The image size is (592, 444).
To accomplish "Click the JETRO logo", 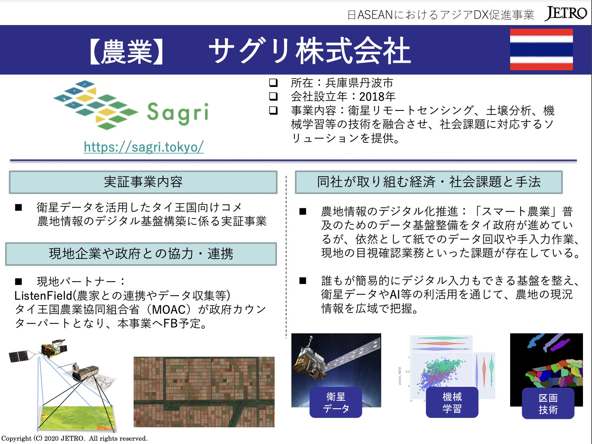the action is pos(566,13).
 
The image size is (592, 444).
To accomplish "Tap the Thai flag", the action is pos(541,49).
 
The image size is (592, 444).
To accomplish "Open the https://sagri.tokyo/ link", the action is pos(144,147).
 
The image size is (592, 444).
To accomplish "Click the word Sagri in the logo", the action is pos(178,113).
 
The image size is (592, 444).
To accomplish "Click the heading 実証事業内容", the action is pos(143,182).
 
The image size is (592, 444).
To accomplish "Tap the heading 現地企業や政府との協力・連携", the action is pos(141,254).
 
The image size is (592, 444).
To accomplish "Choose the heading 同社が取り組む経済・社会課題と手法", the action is pos(429,182).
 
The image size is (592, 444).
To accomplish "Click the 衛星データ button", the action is pos(336,402).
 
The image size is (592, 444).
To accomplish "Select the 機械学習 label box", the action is pos(452,402).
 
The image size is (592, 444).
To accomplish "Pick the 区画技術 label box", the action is pos(548,403).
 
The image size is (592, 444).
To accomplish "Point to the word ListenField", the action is pos(43,296).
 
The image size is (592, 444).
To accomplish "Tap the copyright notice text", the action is pos(75,438).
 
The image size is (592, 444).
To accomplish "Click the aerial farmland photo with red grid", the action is pos(204,392).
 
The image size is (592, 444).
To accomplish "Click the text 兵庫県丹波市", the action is pos(359,83).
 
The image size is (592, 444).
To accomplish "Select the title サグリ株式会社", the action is pos(310,50).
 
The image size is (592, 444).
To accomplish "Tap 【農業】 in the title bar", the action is pos(126,51).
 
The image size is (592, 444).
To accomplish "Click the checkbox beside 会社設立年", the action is pos(273,96).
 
